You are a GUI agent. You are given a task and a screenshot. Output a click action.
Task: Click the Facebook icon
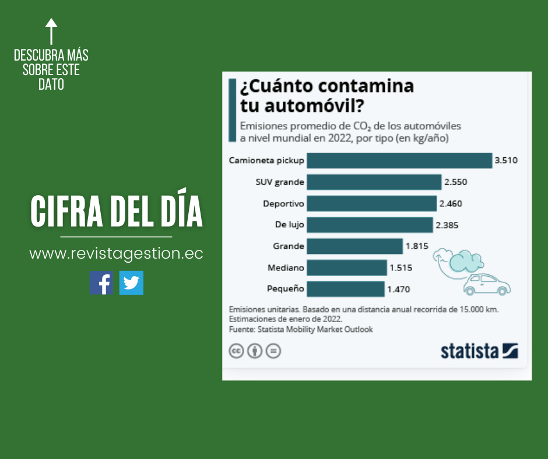[x=101, y=283]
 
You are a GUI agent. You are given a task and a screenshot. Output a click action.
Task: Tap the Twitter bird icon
[x=131, y=283]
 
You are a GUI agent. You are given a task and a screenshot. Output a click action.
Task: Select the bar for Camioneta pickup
[x=399, y=160]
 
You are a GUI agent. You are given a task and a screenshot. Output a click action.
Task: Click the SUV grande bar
[x=374, y=182]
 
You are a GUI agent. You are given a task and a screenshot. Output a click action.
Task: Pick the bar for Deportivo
[x=371, y=203]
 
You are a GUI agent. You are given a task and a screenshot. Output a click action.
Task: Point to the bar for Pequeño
[x=346, y=288]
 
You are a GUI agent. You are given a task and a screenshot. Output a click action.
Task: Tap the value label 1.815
[x=417, y=246]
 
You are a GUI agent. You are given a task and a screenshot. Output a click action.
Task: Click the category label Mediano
[x=286, y=267]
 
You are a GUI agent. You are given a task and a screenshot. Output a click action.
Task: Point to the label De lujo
[x=289, y=225]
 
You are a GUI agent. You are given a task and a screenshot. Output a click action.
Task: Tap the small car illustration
[x=486, y=284]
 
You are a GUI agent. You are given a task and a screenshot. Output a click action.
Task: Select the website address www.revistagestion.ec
[x=116, y=255]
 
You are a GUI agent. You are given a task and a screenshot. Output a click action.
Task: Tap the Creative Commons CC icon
[x=236, y=351]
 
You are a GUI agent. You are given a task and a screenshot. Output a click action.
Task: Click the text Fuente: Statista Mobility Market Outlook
[x=301, y=329]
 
